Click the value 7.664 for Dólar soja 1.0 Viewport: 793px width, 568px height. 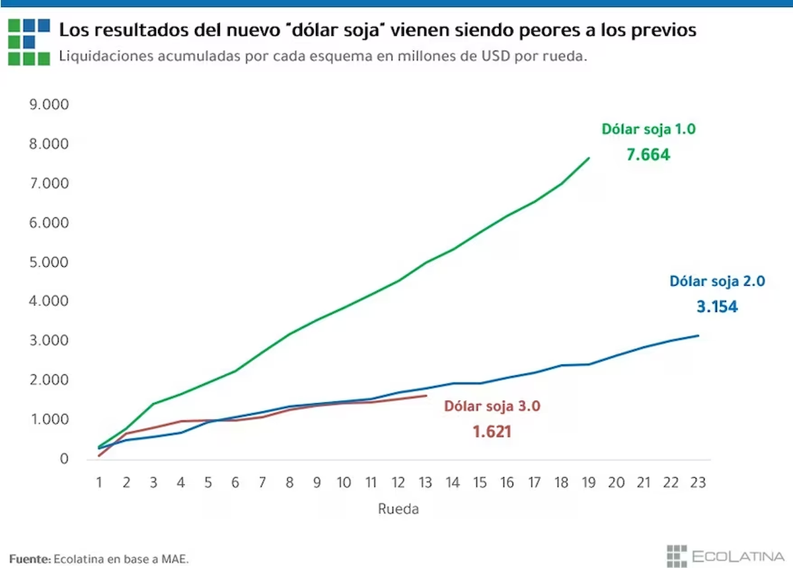(648, 155)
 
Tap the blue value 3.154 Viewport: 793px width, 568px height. (717, 307)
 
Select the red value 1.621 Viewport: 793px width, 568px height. (492, 432)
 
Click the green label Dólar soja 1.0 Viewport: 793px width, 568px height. (648, 129)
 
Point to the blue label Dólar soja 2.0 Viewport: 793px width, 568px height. (717, 281)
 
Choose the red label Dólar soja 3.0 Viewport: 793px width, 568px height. (492, 406)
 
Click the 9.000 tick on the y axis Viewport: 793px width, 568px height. (50, 105)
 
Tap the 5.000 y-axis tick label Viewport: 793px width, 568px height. (50, 262)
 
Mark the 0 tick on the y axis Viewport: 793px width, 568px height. (64, 459)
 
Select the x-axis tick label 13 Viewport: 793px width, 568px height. (426, 483)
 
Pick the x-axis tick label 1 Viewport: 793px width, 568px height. (99, 483)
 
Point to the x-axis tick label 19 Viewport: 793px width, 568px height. (589, 483)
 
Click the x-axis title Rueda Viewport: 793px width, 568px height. (398, 509)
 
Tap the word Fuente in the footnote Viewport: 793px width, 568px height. (30, 559)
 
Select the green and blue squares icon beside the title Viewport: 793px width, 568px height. (29, 41)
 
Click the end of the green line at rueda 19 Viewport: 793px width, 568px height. (589, 158)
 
